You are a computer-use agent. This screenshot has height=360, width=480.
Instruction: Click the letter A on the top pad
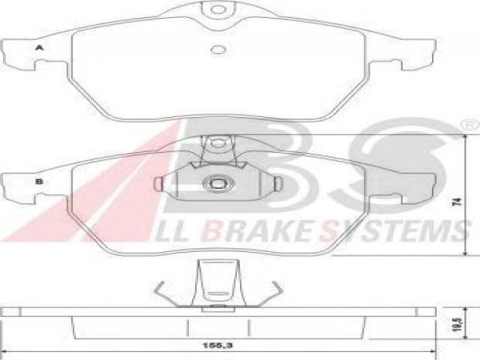tap(39, 48)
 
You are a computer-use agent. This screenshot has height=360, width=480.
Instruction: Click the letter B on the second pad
tap(39, 181)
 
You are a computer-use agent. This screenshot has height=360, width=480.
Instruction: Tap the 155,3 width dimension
tap(217, 345)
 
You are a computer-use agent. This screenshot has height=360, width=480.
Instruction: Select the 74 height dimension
tap(457, 202)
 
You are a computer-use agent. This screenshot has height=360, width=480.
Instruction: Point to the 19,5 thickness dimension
tap(457, 325)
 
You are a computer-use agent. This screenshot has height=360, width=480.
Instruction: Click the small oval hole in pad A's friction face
tap(218, 49)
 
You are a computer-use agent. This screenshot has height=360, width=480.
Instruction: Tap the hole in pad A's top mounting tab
tap(218, 10)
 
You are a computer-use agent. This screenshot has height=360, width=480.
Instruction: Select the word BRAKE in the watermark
tap(257, 230)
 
